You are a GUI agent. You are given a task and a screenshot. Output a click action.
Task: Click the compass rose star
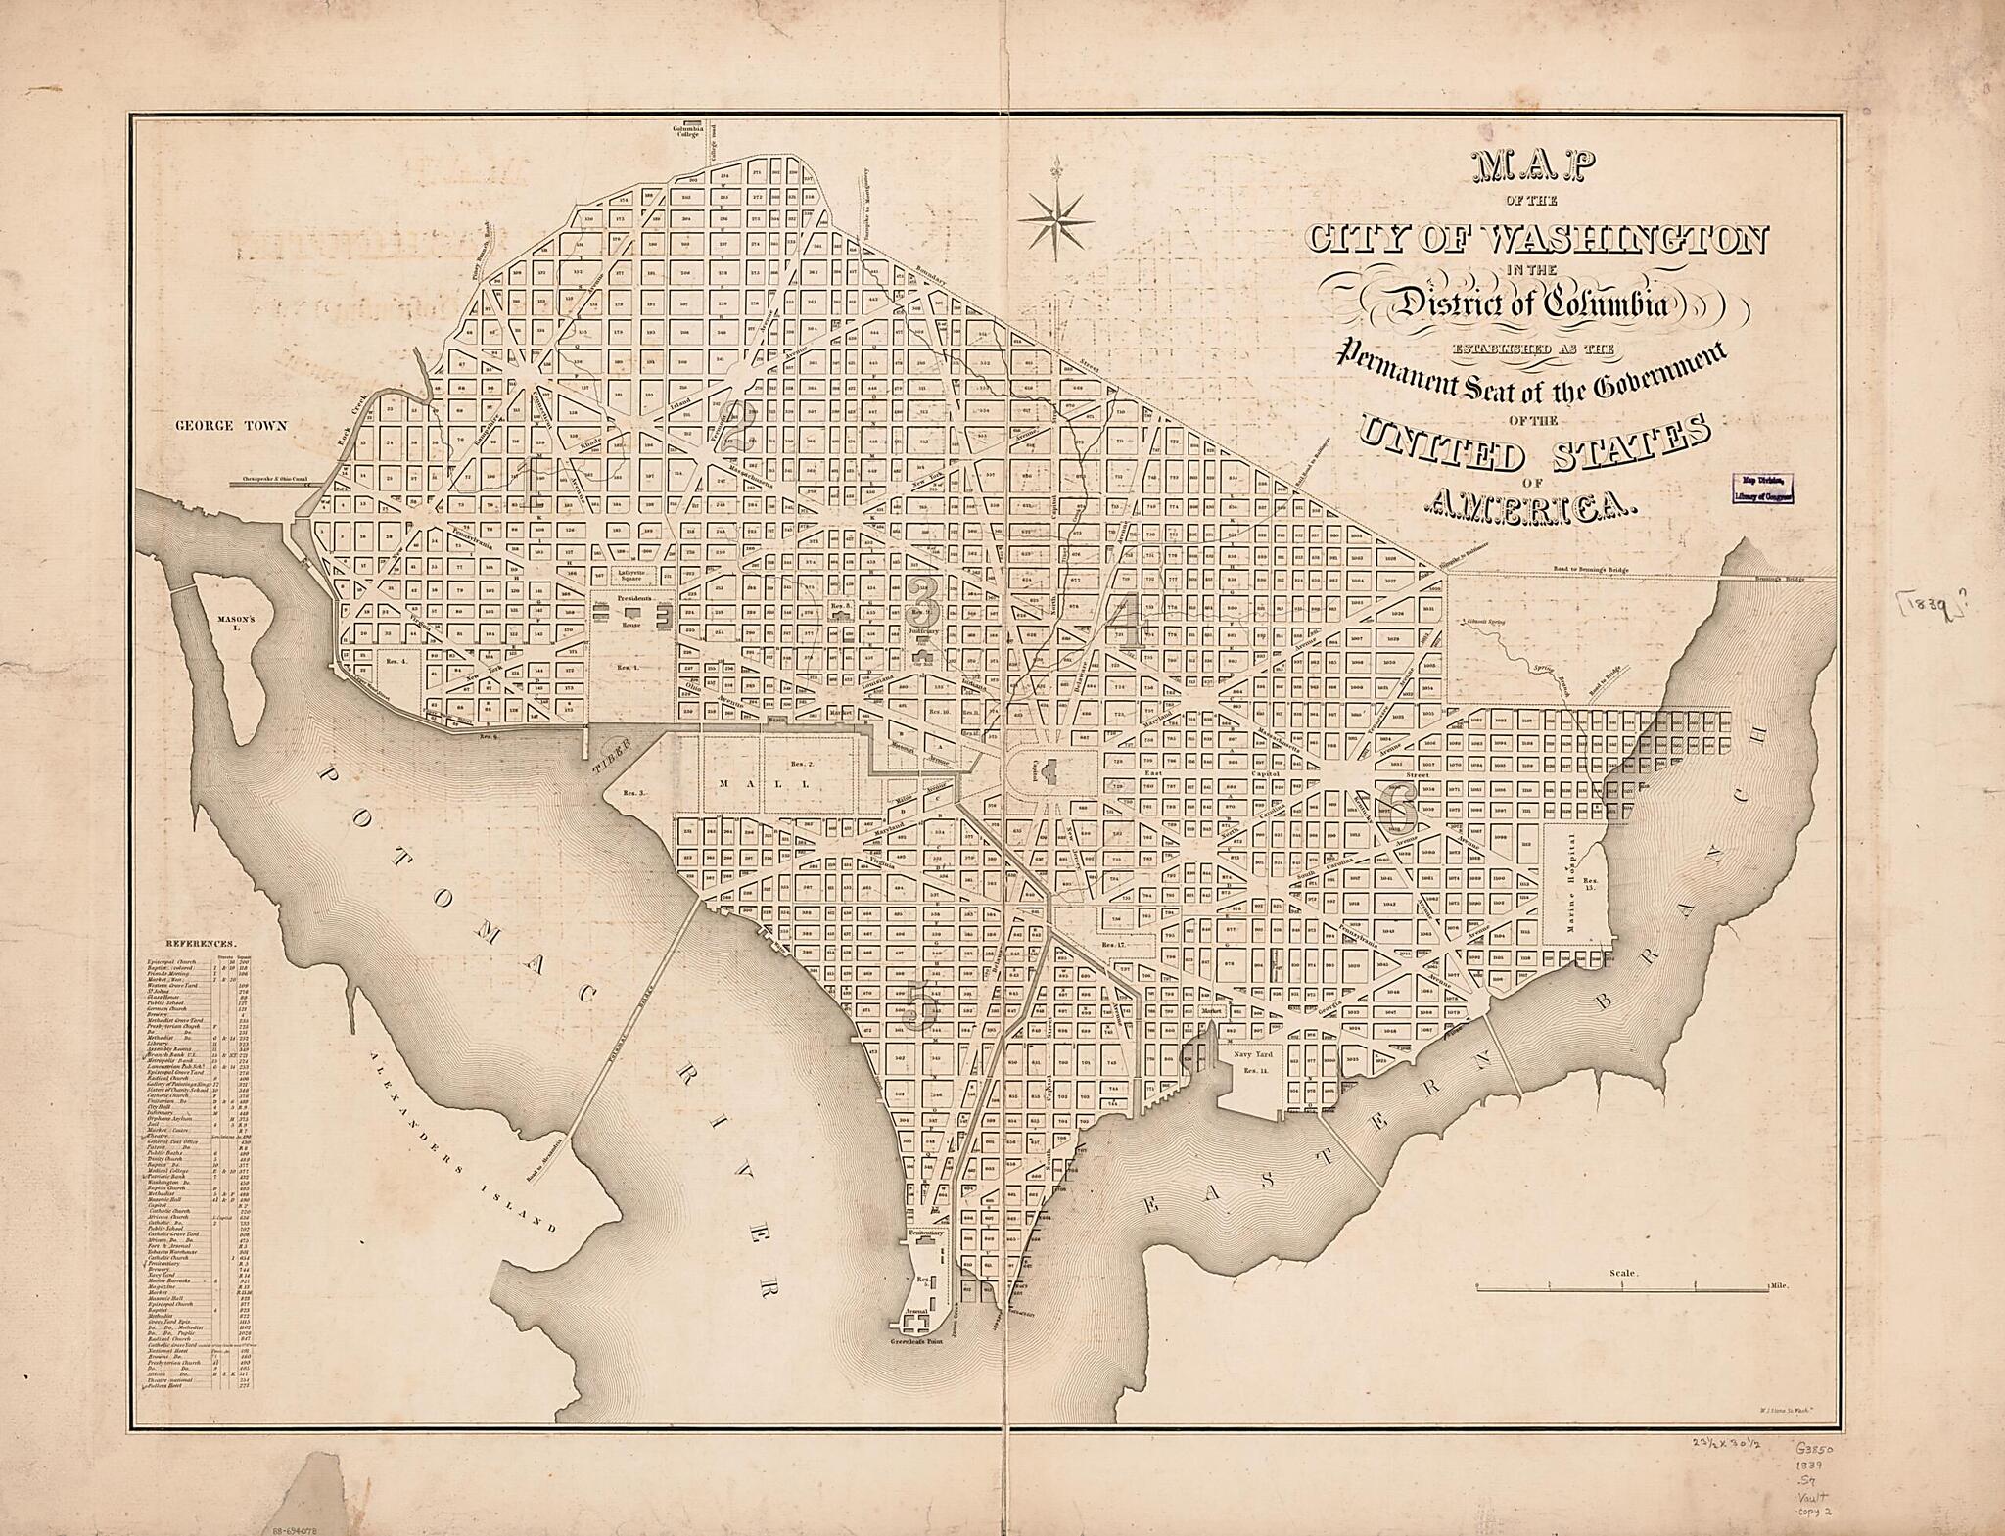click(1055, 221)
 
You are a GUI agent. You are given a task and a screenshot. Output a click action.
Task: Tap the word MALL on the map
click(764, 784)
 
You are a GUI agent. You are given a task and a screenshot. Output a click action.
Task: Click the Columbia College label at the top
click(687, 131)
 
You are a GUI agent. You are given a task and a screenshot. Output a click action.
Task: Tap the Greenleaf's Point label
click(918, 1345)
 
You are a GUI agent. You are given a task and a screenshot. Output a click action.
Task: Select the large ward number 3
click(921, 600)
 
